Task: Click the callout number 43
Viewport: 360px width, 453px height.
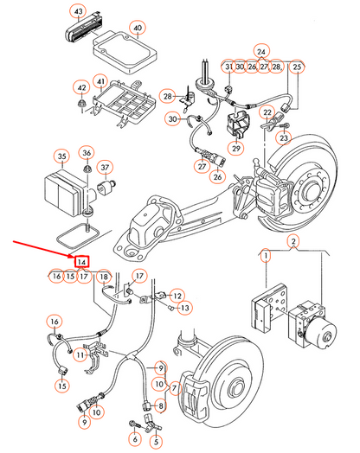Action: click(79, 12)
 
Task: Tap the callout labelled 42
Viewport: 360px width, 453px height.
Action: click(81, 87)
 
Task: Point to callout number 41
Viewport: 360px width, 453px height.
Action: click(101, 83)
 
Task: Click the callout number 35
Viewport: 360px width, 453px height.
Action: click(61, 156)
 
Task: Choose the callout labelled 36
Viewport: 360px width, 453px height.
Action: click(87, 153)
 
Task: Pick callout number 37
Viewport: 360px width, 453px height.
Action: click(106, 167)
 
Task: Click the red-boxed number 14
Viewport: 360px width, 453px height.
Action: click(81, 261)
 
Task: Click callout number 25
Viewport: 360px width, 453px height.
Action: click(296, 67)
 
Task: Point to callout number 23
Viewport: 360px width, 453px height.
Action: click(282, 137)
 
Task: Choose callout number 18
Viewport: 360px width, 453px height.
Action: click(103, 277)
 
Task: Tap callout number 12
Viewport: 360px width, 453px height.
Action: click(177, 295)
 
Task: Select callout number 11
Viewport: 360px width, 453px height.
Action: click(80, 354)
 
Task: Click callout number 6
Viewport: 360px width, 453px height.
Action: click(134, 439)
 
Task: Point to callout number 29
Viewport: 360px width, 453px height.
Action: click(209, 148)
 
